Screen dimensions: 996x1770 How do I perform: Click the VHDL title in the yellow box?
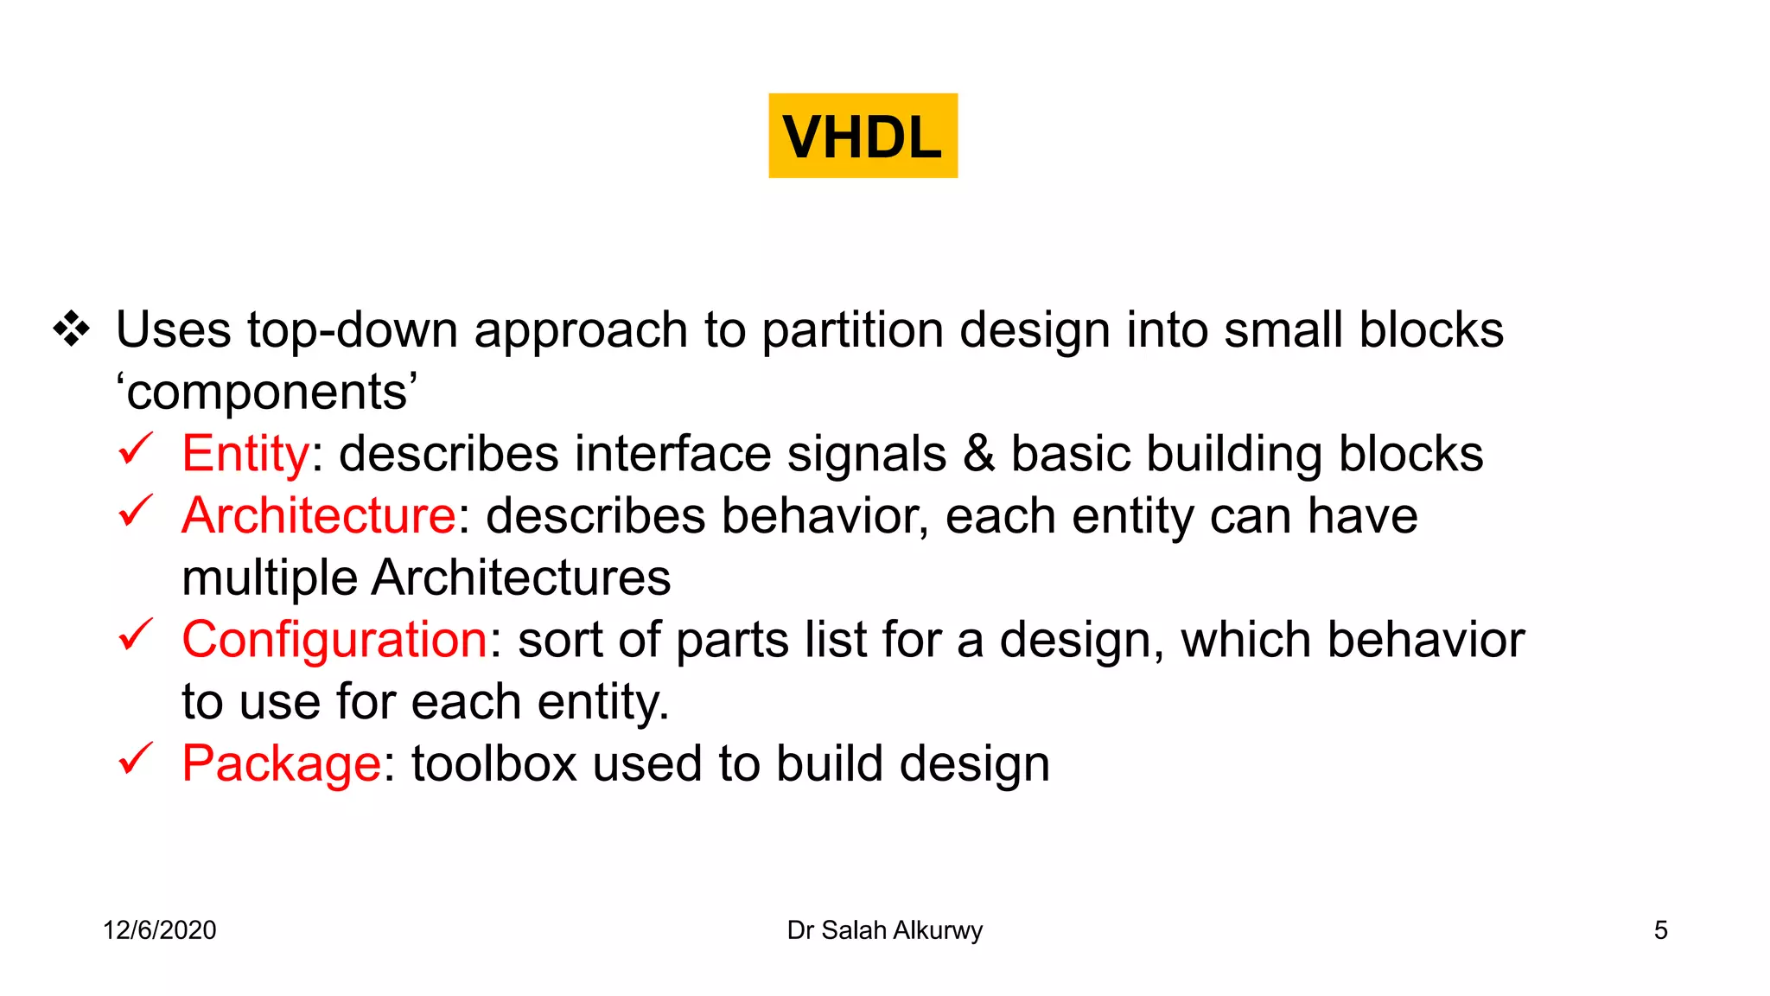863,137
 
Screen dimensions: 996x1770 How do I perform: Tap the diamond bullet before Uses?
71,329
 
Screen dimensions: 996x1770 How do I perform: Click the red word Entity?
245,453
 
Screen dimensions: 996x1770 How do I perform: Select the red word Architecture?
318,515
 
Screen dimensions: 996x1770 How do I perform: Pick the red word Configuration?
334,640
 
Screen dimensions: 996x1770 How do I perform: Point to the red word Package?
281,763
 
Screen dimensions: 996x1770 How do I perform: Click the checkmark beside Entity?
136,449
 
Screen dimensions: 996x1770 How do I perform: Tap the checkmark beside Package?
136,758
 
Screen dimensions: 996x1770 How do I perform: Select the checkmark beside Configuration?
136,635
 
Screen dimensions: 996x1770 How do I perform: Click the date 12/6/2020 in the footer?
160,930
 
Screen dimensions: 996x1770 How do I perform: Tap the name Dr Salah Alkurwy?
884,930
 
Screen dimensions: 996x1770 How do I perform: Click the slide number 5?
1660,930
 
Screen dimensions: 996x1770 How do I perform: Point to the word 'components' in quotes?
267,392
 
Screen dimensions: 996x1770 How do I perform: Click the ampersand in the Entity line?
978,453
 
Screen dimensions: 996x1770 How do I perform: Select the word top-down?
352,330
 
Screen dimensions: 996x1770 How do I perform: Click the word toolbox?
493,763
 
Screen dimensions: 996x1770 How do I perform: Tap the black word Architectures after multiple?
521,578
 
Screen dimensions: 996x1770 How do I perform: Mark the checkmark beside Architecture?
136,511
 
